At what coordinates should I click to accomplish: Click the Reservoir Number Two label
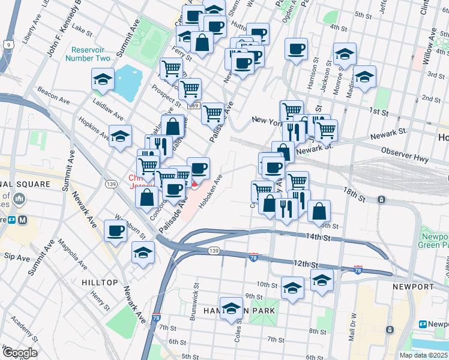pyautogui.click(x=90, y=54)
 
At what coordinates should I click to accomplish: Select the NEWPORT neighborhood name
pyautogui.click(x=413, y=287)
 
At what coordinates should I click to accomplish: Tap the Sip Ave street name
pyautogui.click(x=16, y=257)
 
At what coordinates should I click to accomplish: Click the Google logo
pyautogui.click(x=20, y=353)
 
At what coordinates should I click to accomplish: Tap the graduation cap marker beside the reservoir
pyautogui.click(x=103, y=79)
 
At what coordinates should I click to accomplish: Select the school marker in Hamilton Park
pyautogui.click(x=231, y=308)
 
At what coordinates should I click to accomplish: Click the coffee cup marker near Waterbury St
pyautogui.click(x=115, y=230)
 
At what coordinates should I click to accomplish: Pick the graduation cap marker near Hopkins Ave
pyautogui.click(x=120, y=136)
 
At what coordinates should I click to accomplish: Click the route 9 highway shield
pyautogui.click(x=7, y=44)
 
